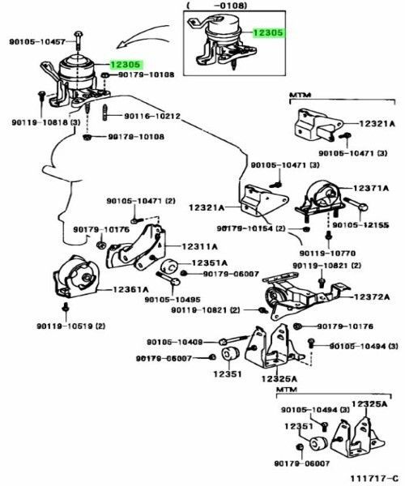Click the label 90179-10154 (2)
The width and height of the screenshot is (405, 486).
pos(252,229)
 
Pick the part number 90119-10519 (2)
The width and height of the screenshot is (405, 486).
pos(70,326)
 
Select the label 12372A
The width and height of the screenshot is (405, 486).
pos(371,298)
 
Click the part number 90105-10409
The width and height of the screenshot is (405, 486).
pos(174,341)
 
